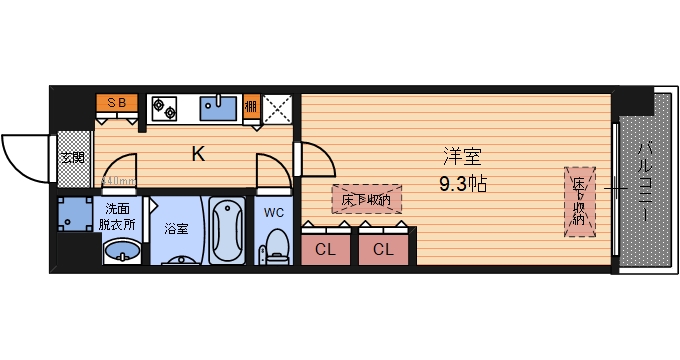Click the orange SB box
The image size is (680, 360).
click(117, 103)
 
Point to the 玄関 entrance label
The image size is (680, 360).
click(71, 158)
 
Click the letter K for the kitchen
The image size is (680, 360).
click(198, 154)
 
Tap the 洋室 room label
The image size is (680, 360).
click(463, 157)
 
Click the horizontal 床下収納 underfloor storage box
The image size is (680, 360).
click(366, 199)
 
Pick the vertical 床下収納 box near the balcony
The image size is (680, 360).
click(579, 200)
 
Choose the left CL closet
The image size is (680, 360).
click(326, 250)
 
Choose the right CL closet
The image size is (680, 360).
click(383, 250)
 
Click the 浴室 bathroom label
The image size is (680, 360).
click(176, 228)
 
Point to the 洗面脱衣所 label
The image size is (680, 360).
click(118, 215)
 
